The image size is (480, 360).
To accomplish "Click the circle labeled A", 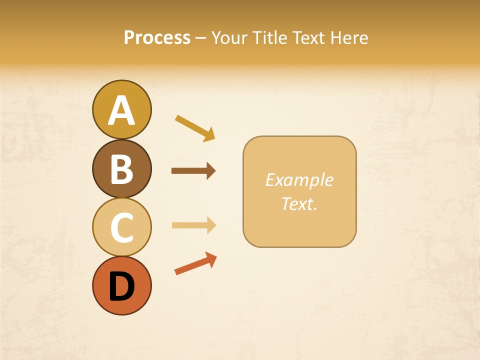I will (x=121, y=109).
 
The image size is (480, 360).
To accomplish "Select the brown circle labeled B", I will (x=121, y=168).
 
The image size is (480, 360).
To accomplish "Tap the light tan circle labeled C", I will (x=121, y=227).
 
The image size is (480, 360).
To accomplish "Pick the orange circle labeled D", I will (x=121, y=285).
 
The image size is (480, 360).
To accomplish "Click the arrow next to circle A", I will (x=195, y=127).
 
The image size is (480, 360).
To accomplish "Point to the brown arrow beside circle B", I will (x=193, y=171).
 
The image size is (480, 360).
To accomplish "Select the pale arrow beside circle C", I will (x=193, y=225).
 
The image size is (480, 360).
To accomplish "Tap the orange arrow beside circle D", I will (x=195, y=263).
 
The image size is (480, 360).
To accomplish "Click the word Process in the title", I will (x=157, y=37).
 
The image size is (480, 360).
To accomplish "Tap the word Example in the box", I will (x=299, y=180).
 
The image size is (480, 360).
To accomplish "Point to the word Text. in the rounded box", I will (x=299, y=204).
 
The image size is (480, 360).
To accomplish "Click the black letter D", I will (x=121, y=286).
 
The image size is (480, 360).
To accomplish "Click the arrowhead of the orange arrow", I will (x=211, y=259).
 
